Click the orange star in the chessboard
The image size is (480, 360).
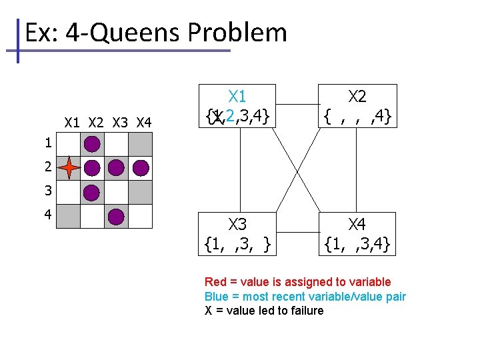[x=69, y=168]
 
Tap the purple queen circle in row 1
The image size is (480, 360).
[x=92, y=144]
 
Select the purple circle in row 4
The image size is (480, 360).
[x=116, y=217]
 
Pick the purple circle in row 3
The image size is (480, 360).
[x=92, y=193]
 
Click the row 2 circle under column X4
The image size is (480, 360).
[x=140, y=168]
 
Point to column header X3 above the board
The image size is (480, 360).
[x=120, y=123]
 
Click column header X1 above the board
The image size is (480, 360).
[x=72, y=123]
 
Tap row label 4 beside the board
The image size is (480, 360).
[x=48, y=216]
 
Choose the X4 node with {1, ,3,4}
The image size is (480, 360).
[x=357, y=234]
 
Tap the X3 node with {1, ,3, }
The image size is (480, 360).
[x=237, y=234]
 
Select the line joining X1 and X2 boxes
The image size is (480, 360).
[x=297, y=104]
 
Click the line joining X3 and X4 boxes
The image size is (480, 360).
[x=297, y=233]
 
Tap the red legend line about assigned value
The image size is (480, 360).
[x=297, y=282]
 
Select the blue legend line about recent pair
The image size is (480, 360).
[x=305, y=297]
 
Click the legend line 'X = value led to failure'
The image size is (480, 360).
[x=263, y=311]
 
